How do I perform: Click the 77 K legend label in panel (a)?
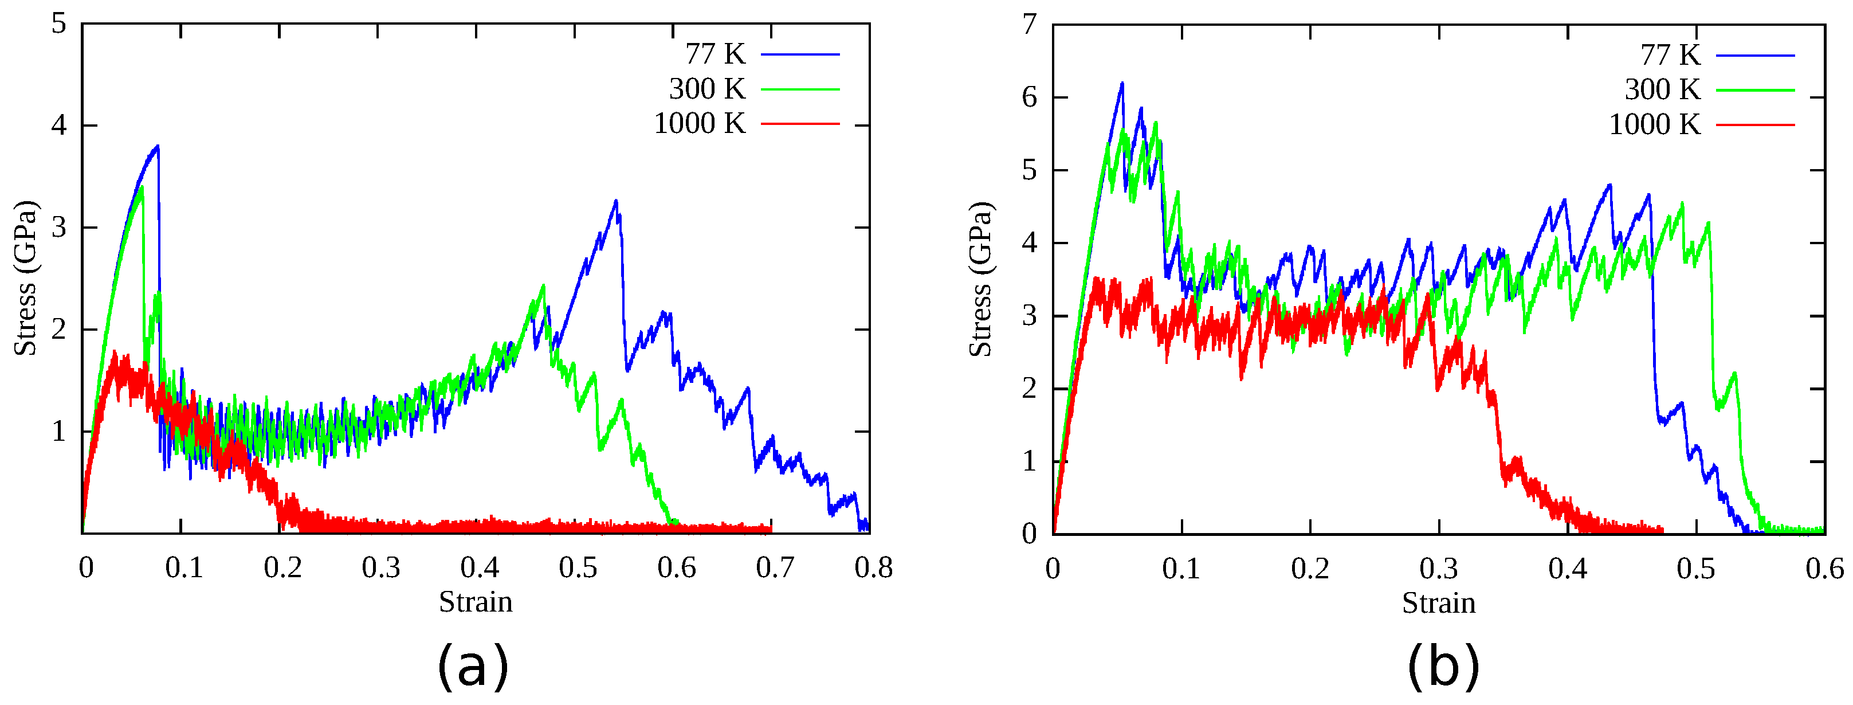(x=715, y=54)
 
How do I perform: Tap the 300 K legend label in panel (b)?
(x=1662, y=90)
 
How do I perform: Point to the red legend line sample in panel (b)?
(x=1755, y=125)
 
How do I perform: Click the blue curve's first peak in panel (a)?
(x=157, y=146)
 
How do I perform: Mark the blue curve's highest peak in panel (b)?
(x=1121, y=84)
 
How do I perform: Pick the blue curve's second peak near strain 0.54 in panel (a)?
(x=616, y=201)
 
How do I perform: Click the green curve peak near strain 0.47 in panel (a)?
(x=543, y=285)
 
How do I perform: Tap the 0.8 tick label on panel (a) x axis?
(x=873, y=569)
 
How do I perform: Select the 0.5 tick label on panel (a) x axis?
(x=578, y=569)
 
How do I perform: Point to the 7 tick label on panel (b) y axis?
(x=1030, y=25)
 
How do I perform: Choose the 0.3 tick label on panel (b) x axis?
(x=1439, y=569)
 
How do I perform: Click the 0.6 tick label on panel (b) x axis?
(x=1825, y=569)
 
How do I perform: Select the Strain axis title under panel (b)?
(x=1439, y=603)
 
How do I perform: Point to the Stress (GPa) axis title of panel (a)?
(x=25, y=279)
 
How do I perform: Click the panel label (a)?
(x=473, y=665)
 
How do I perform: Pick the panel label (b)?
(x=1443, y=665)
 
